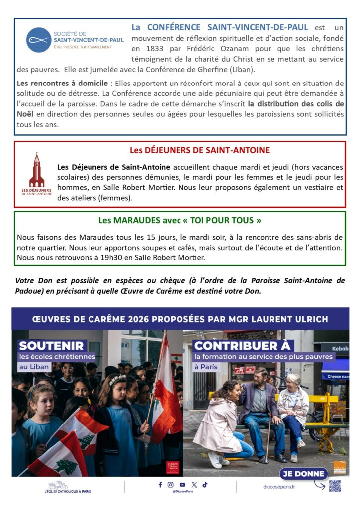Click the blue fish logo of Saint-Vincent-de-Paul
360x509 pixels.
39,40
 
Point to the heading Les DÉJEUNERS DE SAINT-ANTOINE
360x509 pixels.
200,150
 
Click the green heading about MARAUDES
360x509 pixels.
180,220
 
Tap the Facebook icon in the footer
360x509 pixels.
160,485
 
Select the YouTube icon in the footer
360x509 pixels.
182,485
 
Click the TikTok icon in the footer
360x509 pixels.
205,485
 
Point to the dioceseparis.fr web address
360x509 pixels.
278,486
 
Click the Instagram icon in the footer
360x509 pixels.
171,485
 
